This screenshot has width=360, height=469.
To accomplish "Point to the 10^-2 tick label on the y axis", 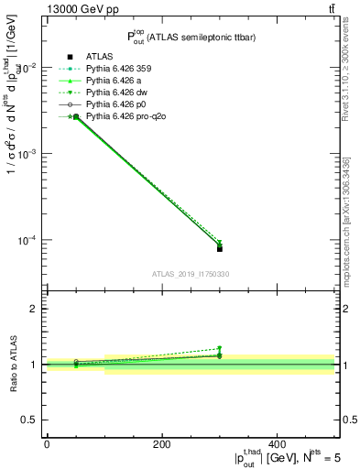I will pos(27,68).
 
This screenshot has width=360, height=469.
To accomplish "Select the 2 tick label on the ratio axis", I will pos(33,309).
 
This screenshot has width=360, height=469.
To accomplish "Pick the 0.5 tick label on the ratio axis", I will pos(29,420).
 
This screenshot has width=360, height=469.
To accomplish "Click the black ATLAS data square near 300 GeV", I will pos(220,248).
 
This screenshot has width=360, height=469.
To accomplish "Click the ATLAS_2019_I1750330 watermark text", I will pos(191,274).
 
